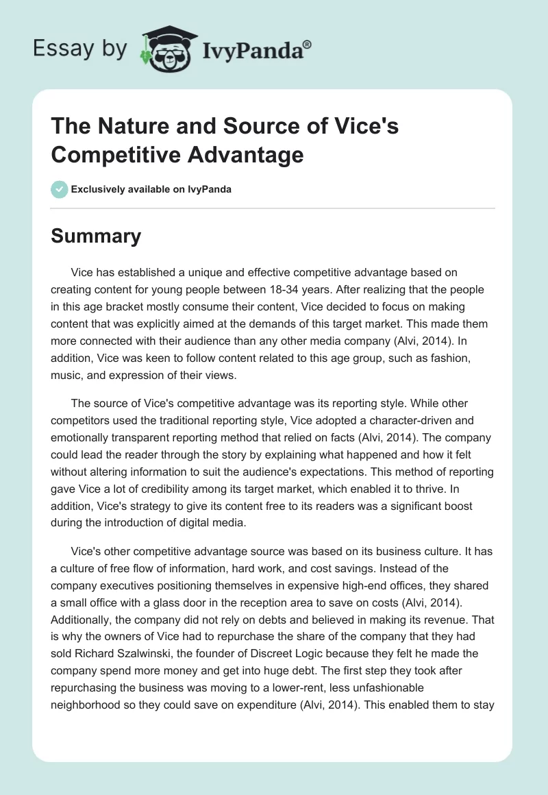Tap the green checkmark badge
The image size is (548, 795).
click(x=60, y=189)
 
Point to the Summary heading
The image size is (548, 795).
click(x=96, y=236)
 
